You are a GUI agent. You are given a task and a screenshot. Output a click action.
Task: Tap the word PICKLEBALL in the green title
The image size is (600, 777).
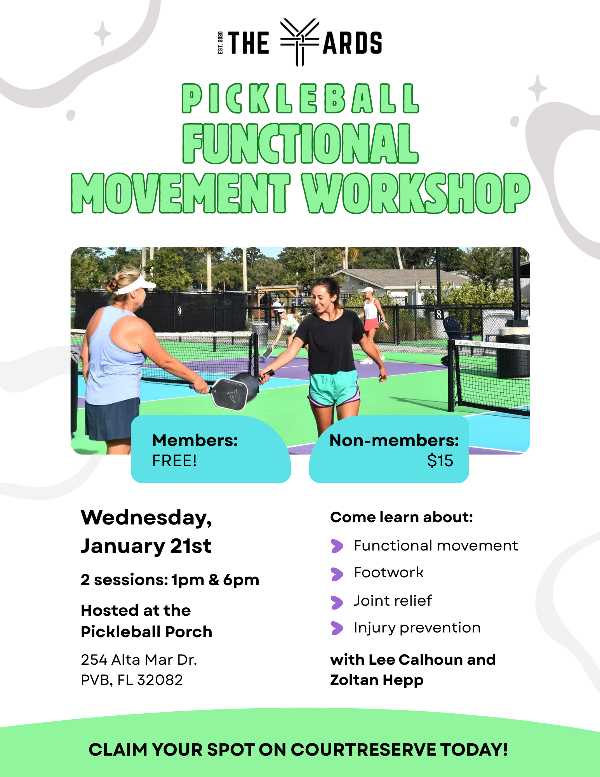(300, 99)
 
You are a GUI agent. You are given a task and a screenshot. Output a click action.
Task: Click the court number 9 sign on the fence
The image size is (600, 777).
(179, 311)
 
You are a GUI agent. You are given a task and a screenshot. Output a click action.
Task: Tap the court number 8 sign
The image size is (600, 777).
(439, 314)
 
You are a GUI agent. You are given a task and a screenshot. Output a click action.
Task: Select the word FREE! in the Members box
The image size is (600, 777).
(174, 461)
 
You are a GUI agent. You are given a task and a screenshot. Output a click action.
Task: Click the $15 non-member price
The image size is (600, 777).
(440, 461)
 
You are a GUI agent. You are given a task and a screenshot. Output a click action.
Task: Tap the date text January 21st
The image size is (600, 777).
(146, 546)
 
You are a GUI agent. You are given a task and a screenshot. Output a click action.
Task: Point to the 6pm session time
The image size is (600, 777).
(241, 580)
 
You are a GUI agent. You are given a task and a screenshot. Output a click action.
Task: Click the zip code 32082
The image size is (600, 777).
(160, 680)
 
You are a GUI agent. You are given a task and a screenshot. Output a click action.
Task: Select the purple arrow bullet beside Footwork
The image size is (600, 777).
(337, 573)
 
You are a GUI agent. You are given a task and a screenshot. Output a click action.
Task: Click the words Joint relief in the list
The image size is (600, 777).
(393, 601)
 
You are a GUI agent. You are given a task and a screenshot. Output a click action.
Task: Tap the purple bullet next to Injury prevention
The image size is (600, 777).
(337, 628)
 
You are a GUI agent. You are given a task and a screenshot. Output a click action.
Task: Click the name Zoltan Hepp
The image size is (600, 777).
(376, 680)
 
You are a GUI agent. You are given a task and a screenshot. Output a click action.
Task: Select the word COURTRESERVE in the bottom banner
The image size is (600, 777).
(363, 750)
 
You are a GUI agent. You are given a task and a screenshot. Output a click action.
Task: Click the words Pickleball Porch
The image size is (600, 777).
(146, 632)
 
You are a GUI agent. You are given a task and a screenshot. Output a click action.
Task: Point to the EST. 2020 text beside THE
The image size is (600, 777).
(220, 42)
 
